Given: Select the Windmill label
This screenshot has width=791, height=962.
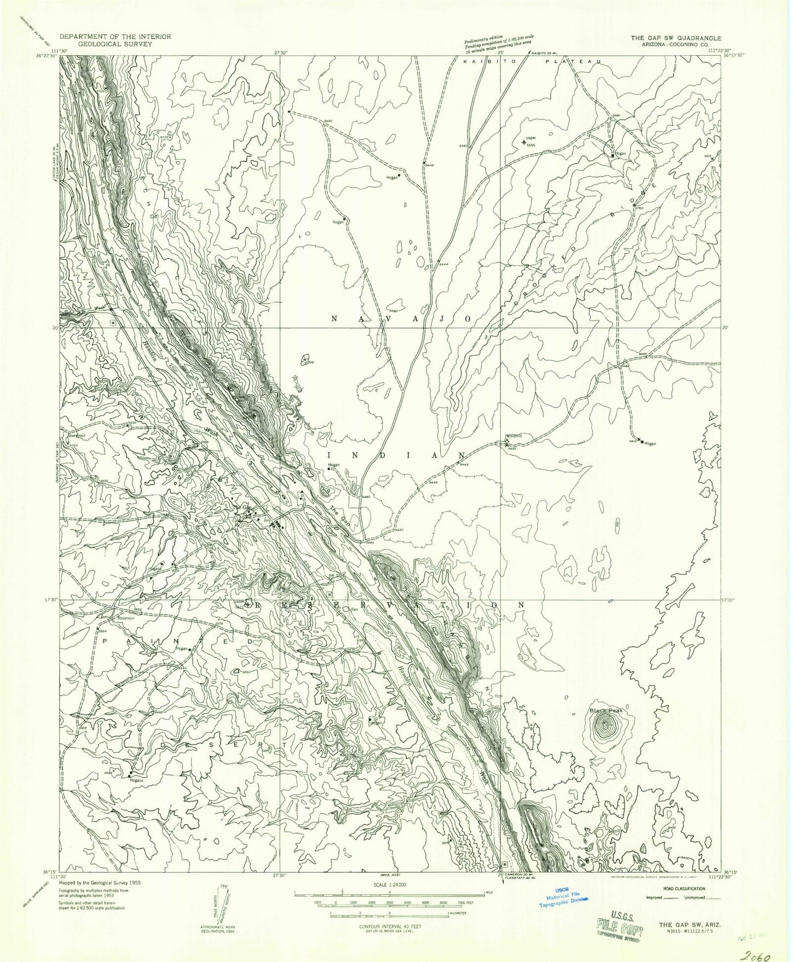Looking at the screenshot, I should click(x=514, y=436).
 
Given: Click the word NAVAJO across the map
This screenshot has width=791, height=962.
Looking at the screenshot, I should click(x=402, y=318).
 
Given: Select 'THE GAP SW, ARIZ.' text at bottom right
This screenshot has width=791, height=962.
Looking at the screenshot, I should click(x=689, y=924).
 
